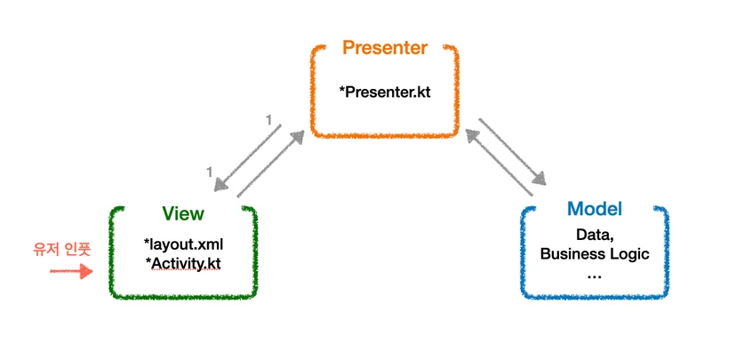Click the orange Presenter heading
tap(385, 48)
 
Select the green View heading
tap(183, 214)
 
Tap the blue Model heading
tap(595, 208)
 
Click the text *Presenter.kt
tap(384, 92)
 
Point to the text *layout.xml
tap(183, 244)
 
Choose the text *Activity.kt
tap(183, 263)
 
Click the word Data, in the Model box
tap(596, 236)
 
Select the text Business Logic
tap(595, 254)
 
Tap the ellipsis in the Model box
tap(595, 276)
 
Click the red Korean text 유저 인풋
tap(61, 249)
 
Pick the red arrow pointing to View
tap(71, 271)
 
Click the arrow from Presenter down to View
tap(247, 157)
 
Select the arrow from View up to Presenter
tap(270, 164)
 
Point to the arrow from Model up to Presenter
tap(499, 163)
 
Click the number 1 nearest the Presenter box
tap(269, 121)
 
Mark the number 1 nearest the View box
tap(210, 173)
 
